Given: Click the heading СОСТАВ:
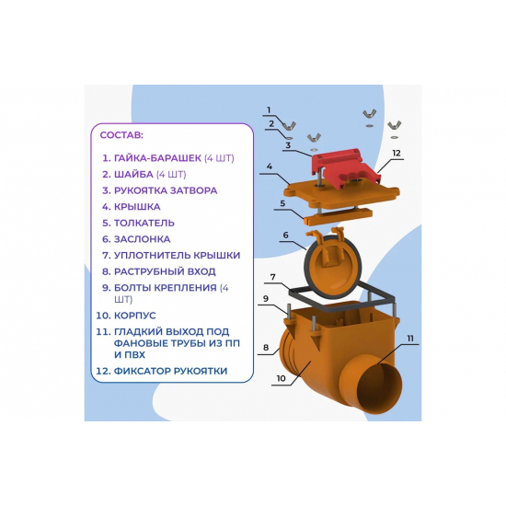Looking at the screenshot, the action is coord(121,135).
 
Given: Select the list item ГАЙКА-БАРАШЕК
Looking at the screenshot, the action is coord(157,158).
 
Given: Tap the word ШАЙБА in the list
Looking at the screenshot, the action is coord(133,174).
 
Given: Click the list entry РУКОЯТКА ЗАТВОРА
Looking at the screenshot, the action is coord(166,190).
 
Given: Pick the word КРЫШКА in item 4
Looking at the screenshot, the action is coord(137,206).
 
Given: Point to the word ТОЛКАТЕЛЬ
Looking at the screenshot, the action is coord(144,223).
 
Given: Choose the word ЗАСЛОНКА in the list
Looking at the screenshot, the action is coord(142,239).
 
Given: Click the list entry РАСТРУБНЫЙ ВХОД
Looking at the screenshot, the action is coord(165,271).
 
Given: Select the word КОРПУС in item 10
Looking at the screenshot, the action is coord(135,316).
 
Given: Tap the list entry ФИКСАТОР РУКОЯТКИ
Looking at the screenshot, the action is coord(170,371).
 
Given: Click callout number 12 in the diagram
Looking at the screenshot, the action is coord(396,153).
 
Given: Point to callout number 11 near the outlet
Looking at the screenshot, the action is coord(410,339).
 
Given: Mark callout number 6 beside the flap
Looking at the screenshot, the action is coord(285,235).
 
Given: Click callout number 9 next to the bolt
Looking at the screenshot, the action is coord(266,298).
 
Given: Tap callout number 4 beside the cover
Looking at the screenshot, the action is coord(270,167).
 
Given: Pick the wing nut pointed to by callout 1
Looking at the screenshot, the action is coord(290,126).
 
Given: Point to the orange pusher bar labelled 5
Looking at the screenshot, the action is coord(338,216).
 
